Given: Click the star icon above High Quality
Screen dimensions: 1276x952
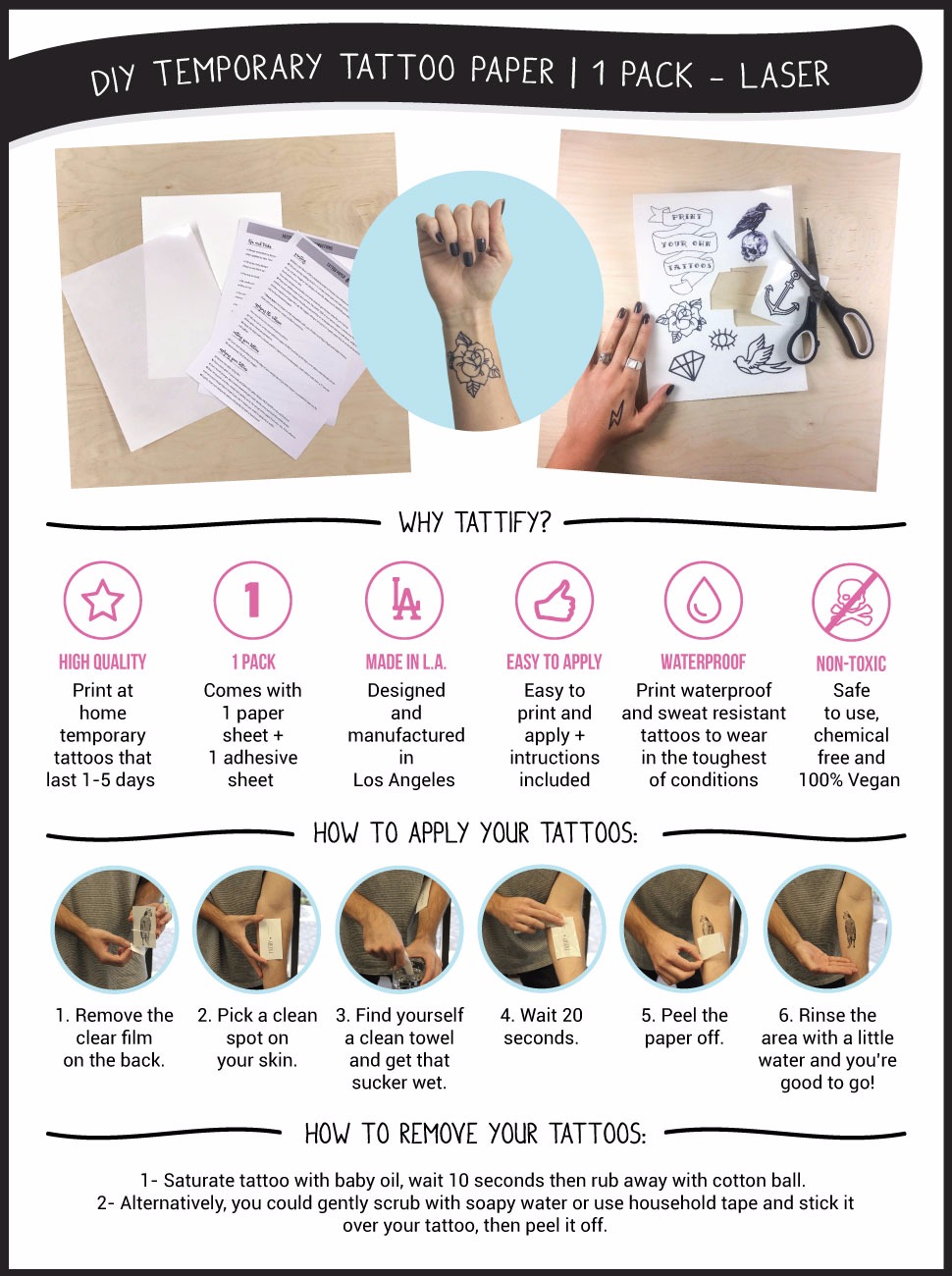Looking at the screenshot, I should coord(103,601).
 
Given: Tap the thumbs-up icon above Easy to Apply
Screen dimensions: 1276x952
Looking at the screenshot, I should coord(555,601).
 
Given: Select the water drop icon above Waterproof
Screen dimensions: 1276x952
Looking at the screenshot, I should coord(703,601).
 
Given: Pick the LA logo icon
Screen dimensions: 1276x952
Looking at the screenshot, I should coord(404,601).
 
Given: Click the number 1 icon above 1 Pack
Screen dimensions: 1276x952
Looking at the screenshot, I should coord(253,601).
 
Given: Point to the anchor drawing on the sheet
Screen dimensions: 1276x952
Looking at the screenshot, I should coord(781,294).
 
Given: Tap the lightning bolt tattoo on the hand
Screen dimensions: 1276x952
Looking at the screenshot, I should coord(616,415).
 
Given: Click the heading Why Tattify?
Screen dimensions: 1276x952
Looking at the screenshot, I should coord(475,522).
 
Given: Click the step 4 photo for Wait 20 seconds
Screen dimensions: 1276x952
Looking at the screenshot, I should coord(542,930).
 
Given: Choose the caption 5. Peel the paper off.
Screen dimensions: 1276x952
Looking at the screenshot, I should coord(684,1027).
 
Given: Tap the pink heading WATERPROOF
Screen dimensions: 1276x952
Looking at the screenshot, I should coord(703,663).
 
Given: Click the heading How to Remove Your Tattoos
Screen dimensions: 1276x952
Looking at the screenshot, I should coord(475,1135).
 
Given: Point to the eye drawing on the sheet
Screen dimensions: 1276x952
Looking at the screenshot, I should coord(722,340).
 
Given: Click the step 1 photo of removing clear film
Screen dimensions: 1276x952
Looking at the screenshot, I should coord(115,930).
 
